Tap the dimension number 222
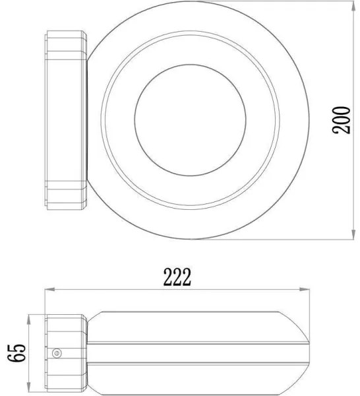pos(178,277)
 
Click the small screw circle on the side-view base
pos(57,353)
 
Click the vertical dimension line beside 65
pos(30,352)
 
